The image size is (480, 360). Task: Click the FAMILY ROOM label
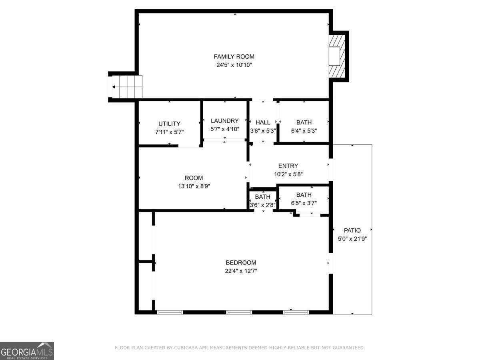(x=234, y=57)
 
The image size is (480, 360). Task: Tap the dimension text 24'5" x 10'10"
(x=234, y=65)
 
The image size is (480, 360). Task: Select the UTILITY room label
(x=169, y=124)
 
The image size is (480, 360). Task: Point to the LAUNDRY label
(x=225, y=121)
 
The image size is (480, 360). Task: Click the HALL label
(x=263, y=122)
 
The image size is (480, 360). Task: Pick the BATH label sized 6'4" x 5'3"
(x=304, y=122)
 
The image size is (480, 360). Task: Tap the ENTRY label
(x=288, y=166)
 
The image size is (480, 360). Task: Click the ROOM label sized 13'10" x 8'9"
(x=194, y=178)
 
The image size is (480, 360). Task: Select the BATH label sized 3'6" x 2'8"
(x=263, y=197)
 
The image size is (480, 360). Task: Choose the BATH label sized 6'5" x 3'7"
(x=304, y=195)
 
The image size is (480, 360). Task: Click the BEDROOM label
(x=241, y=263)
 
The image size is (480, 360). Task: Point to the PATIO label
(x=352, y=230)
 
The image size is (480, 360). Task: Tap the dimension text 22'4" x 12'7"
(x=241, y=271)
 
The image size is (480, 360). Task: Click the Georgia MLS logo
(x=27, y=351)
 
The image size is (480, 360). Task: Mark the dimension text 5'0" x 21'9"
(x=352, y=238)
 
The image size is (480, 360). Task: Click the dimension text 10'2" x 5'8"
(x=288, y=174)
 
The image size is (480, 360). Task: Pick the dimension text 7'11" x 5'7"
(x=169, y=132)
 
